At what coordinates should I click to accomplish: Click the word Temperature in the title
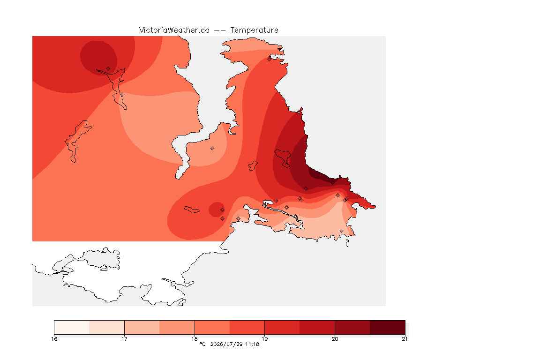[254, 30]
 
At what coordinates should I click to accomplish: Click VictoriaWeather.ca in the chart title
[174, 30]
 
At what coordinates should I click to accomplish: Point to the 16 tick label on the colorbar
[54, 339]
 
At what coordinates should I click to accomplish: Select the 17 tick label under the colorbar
[124, 339]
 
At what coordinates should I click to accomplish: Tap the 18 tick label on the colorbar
[195, 339]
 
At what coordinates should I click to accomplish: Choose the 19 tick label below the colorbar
[264, 339]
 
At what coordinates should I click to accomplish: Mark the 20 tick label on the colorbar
[335, 339]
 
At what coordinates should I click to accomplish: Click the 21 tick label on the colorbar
[405, 339]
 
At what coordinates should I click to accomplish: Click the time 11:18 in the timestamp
[252, 344]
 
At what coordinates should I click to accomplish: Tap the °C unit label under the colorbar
[202, 344]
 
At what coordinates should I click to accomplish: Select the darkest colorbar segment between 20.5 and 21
[388, 327]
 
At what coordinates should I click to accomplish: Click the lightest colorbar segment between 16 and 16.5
[72, 327]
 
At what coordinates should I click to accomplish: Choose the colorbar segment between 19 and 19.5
[282, 327]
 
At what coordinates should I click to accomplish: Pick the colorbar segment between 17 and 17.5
[142, 327]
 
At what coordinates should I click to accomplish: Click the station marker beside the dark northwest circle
[108, 69]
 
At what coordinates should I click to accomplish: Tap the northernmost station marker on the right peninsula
[270, 59]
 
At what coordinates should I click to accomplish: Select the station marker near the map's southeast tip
[341, 231]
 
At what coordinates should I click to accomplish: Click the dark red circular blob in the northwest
[98, 58]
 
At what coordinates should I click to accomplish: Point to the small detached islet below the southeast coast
[347, 243]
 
